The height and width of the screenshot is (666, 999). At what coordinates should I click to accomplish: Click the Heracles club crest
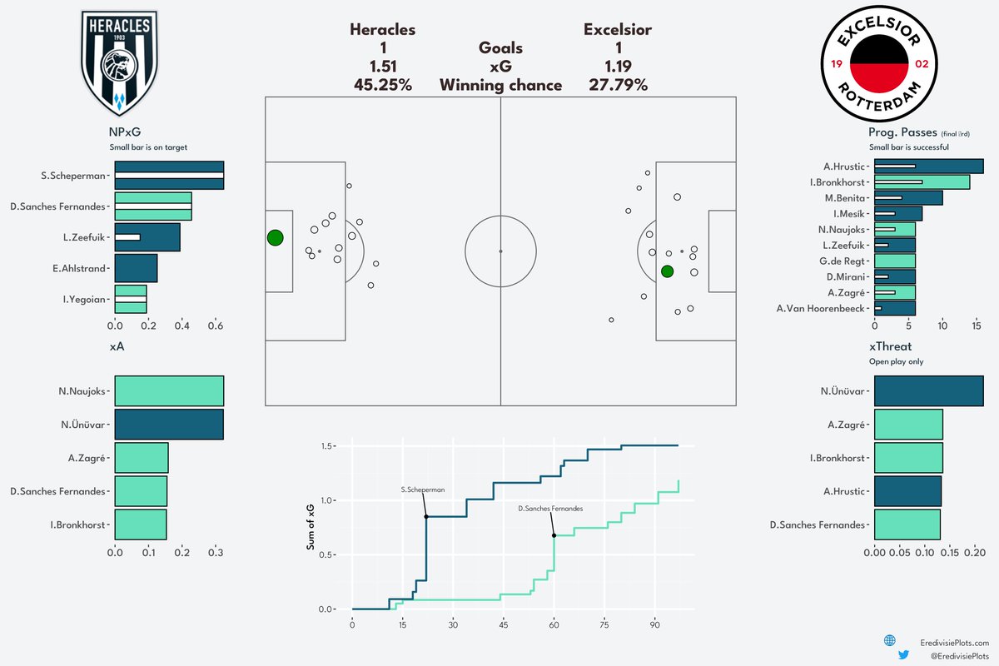117,63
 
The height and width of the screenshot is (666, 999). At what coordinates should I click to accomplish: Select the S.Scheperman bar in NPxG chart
169,175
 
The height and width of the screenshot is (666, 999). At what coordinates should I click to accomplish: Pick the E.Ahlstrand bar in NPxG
136,268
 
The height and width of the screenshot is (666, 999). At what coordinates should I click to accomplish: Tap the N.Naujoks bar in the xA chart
169,390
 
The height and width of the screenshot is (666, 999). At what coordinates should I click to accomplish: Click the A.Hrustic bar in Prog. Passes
928,166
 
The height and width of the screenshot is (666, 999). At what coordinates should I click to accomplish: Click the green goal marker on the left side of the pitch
276,238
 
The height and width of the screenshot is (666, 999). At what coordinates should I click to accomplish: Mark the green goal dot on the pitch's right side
667,271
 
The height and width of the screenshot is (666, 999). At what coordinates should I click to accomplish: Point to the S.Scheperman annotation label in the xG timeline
422,490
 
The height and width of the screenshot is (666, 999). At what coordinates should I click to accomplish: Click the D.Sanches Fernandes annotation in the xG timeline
550,508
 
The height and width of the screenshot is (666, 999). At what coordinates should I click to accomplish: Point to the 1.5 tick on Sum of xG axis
327,446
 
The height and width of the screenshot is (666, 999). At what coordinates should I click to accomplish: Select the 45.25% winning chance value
383,85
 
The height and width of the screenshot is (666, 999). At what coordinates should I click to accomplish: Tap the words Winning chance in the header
500,85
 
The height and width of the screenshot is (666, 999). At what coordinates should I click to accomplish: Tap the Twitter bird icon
904,656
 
